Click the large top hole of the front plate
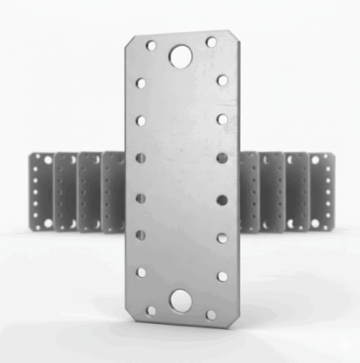[181, 56]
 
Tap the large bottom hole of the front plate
[181, 300]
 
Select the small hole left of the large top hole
[151, 45]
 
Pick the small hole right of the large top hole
[211, 42]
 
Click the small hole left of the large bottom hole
[151, 309]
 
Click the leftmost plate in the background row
[40, 191]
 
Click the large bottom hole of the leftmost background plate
[37, 223]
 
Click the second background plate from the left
[65, 191]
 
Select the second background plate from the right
[297, 191]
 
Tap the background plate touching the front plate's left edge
[113, 191]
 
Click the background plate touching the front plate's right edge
[248, 191]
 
